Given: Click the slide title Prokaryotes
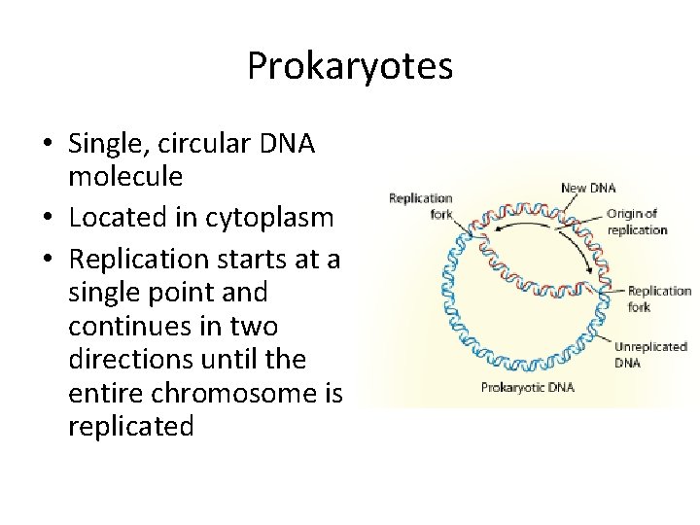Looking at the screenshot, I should (x=349, y=66).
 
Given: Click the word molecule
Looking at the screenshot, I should (x=125, y=176).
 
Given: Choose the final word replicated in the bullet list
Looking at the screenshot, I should (x=131, y=426).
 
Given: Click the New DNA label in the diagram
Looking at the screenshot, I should (x=588, y=188).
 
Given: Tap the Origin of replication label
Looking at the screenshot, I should (x=637, y=222).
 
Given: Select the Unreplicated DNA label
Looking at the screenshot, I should (x=650, y=353).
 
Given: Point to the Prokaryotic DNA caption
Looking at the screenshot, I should (x=528, y=387).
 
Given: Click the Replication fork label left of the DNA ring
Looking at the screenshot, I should (x=420, y=206).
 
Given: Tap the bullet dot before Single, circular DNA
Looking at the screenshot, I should (x=48, y=145).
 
